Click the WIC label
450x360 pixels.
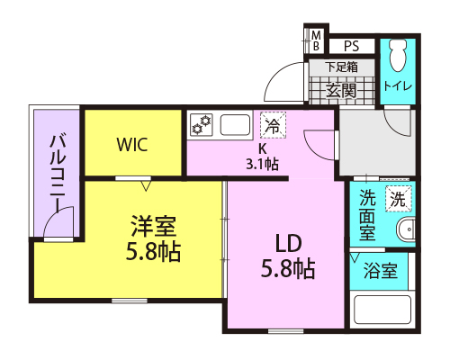pos(132,145)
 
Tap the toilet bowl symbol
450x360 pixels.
pos(398,55)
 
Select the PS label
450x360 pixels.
pos(351,46)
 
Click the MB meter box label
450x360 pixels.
pos(316,40)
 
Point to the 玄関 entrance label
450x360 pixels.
pos(341,90)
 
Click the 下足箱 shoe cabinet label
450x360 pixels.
pos(341,67)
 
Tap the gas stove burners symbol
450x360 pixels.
pos(202,124)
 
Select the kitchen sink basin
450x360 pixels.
pos(236,125)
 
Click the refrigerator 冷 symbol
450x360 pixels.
pos(273,125)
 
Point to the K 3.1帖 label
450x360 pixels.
pos(263,157)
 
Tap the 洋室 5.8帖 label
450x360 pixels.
pos(153,238)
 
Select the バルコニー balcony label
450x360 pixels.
pos(58,174)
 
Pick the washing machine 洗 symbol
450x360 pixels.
pos(399,199)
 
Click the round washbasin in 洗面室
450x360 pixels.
pos(407,229)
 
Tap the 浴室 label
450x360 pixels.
pos(381,271)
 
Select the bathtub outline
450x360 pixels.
pos(382,310)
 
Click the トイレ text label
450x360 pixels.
pos(398,86)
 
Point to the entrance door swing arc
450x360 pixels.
pos(274,74)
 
